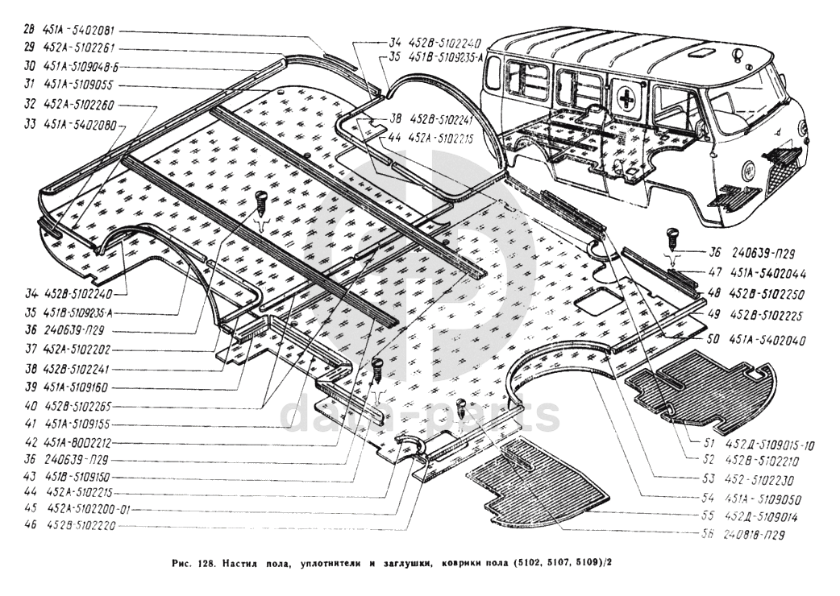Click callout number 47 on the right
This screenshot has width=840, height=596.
tap(716, 273)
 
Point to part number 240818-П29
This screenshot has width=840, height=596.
tap(755, 534)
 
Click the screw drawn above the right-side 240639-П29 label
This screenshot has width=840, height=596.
tap(670, 238)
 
